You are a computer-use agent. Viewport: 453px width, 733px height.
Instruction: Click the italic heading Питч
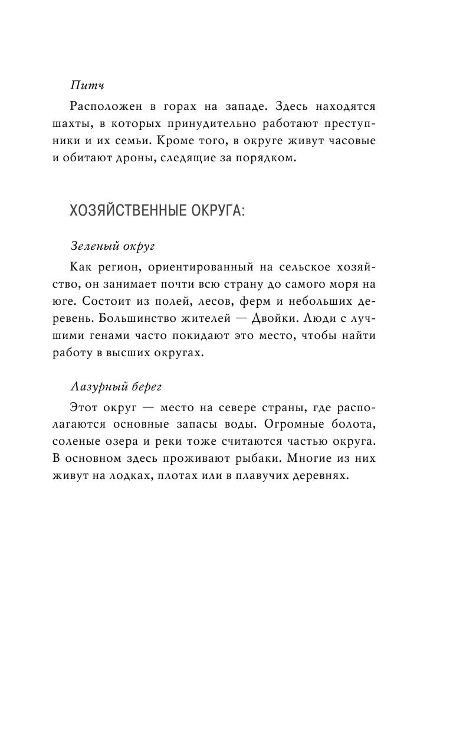pyautogui.click(x=86, y=86)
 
